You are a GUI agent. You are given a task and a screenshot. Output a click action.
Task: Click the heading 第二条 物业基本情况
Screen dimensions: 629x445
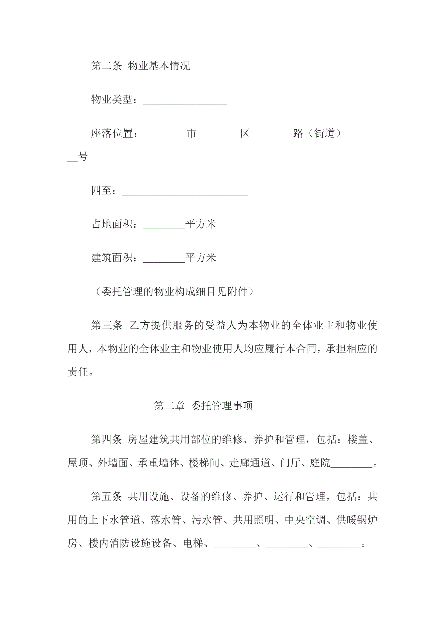click(140, 66)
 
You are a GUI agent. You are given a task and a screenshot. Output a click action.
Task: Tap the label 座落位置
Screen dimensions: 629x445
click(112, 133)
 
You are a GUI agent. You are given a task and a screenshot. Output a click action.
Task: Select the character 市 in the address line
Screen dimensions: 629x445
click(192, 133)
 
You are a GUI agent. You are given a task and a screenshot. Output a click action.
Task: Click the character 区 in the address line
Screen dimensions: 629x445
click(245, 133)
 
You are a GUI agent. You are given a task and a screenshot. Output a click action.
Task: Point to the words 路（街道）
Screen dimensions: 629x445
click(319, 133)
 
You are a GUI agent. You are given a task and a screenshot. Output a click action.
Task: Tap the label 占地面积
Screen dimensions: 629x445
click(112, 224)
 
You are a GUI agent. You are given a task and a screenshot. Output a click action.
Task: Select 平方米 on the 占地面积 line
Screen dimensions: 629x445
click(201, 224)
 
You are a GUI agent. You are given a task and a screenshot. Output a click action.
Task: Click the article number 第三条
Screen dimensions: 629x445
click(107, 325)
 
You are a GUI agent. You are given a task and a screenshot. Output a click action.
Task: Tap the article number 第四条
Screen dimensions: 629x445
click(107, 440)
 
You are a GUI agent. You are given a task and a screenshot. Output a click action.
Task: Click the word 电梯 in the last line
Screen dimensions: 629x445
click(193, 543)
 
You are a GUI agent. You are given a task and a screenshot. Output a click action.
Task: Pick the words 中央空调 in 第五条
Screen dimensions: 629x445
click(305, 520)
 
